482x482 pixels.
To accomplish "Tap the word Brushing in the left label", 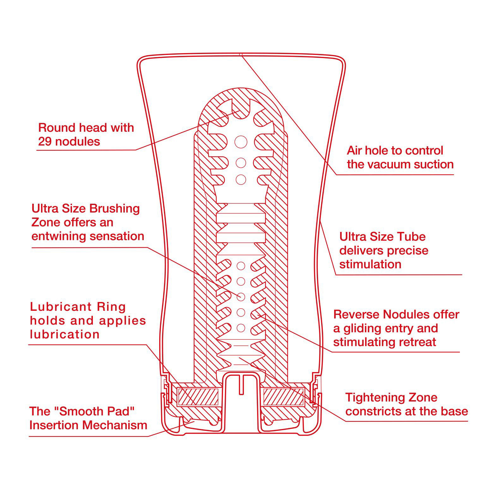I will pyautogui.click(x=115, y=209).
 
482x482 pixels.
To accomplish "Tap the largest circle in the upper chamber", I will pyautogui.click(x=241, y=142).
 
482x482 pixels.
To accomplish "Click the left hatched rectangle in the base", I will pyautogui.click(x=198, y=396).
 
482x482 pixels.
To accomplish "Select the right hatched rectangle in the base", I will pyautogui.click(x=283, y=396).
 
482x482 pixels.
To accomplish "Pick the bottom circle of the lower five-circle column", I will pyautogui.click(x=241, y=328).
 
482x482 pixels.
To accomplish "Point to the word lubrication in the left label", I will pyautogui.click(x=65, y=334).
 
